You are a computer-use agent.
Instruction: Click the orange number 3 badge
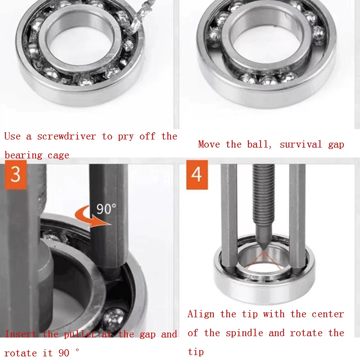click(x=16, y=175)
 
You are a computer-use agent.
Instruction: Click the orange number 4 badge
click(x=197, y=175)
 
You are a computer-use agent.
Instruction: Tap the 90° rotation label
click(x=106, y=209)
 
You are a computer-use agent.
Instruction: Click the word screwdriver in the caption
click(x=67, y=136)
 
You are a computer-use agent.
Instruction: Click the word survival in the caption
click(x=301, y=144)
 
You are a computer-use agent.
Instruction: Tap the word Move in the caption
click(x=209, y=144)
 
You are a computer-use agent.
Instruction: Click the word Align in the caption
click(x=201, y=314)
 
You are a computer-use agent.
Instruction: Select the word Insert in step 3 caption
click(x=21, y=334)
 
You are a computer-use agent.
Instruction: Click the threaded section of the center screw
click(x=264, y=195)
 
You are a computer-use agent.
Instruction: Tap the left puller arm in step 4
click(x=229, y=216)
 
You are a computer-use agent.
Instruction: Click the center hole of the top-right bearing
click(x=266, y=45)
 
